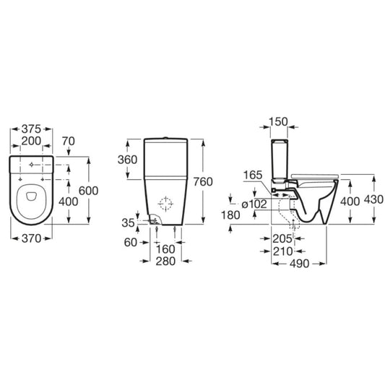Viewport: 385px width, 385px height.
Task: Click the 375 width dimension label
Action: pos(32,129)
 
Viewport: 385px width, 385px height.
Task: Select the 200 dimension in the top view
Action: pos(31,141)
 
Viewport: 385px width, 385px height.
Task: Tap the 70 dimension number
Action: pos(68,141)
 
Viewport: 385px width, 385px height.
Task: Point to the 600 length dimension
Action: pos(89,191)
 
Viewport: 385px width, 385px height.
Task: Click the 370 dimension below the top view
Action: pos(32,238)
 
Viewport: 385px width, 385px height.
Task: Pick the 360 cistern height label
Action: pos(127,160)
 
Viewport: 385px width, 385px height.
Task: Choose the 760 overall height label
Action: pos(203,182)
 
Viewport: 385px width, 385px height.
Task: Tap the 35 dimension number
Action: pos(129,223)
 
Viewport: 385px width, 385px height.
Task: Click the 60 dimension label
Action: pos(130,243)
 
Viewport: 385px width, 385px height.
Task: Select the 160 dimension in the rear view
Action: pos(165,249)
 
